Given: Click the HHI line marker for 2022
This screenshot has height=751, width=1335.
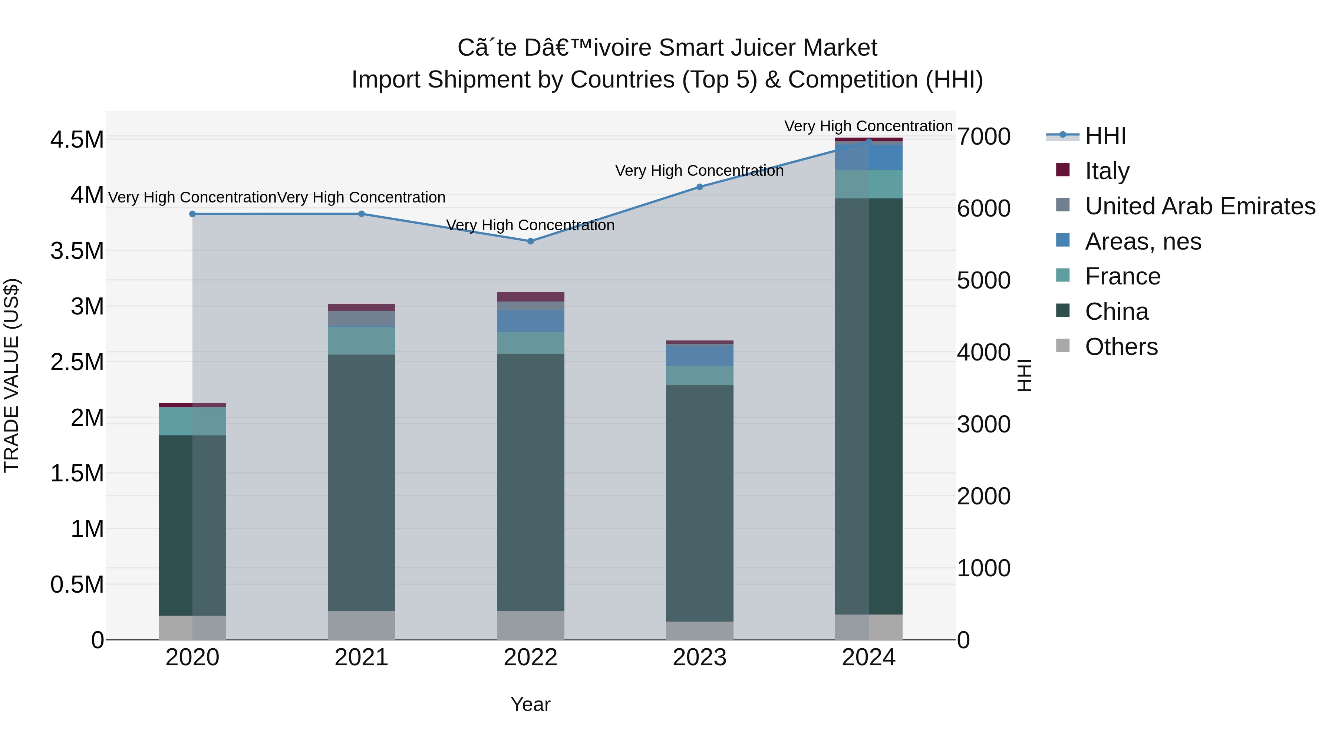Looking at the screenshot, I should [x=530, y=241].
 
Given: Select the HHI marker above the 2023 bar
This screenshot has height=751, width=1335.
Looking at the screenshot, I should [x=699, y=187].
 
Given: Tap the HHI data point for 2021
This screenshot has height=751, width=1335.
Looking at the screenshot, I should [x=361, y=214].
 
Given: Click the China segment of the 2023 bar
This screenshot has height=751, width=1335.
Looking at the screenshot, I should [x=699, y=503].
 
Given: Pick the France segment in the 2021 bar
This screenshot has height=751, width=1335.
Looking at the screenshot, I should [x=361, y=340].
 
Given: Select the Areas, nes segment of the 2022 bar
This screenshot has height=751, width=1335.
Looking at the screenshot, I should [x=530, y=321].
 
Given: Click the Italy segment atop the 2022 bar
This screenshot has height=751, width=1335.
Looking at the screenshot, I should [x=530, y=296].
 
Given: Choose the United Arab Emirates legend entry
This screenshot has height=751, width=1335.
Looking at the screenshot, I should [x=1200, y=206].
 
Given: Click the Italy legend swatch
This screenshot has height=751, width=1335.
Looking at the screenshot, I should [x=1062, y=170].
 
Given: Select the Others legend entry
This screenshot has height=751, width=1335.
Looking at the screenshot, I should [x=1121, y=347].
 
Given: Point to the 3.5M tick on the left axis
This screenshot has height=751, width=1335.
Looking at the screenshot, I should [x=77, y=251].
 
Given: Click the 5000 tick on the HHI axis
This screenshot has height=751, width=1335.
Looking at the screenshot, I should [x=983, y=280].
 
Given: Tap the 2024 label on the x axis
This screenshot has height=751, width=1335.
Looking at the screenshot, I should [x=868, y=658].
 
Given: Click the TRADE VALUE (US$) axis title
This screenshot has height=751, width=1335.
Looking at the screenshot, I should [x=11, y=375].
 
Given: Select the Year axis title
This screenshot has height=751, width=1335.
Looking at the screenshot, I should [x=530, y=704].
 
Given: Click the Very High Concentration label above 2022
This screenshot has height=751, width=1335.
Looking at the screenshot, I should [x=530, y=225].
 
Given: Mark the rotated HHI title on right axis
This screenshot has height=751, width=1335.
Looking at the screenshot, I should [x=1025, y=375].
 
